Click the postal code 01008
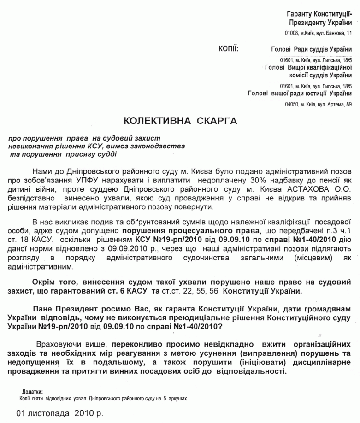[x=292, y=33]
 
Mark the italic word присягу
[x=84, y=155]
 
